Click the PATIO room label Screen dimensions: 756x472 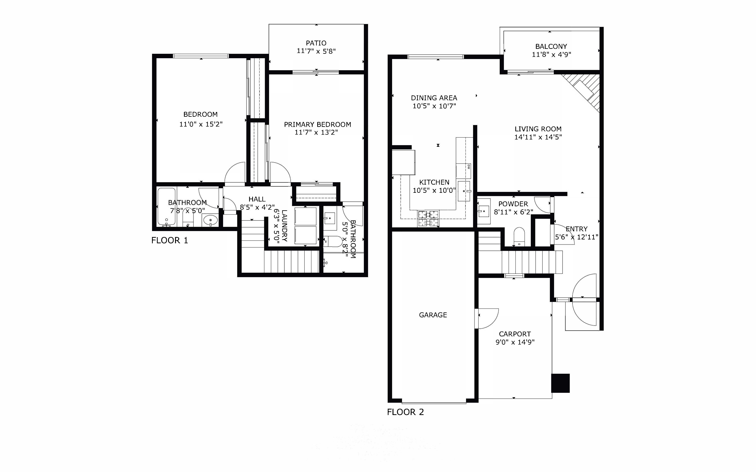[x=316, y=43]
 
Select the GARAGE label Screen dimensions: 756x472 [x=433, y=315]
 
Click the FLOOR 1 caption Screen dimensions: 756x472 [x=170, y=240]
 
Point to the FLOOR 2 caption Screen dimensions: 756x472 [x=405, y=412]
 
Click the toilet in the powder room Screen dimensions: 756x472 [x=519, y=236]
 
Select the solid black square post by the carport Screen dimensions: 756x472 [x=561, y=383]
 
